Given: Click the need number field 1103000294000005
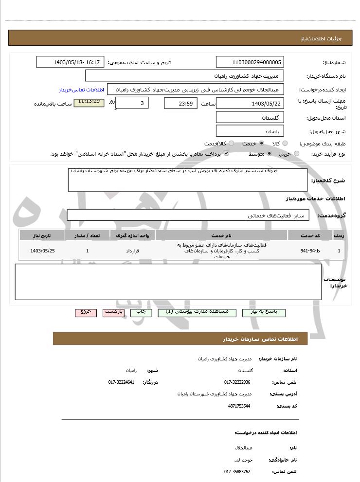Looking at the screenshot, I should [x=250, y=62].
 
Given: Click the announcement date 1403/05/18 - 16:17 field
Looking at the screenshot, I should [x=70, y=62].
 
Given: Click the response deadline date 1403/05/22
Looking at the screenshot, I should [x=250, y=104].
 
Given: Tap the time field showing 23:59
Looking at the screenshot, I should [x=180, y=104].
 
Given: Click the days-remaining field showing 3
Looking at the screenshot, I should [x=132, y=103].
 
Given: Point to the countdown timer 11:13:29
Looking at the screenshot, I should [x=89, y=102].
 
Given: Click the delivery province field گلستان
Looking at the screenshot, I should [x=250, y=118].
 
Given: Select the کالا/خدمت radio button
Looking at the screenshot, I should [x=231, y=143].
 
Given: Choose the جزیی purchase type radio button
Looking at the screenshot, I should [x=297, y=154].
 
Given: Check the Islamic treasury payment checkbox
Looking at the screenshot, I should [x=226, y=154].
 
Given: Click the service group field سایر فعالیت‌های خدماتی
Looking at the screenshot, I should [x=187, y=215].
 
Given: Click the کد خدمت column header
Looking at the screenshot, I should [x=310, y=235].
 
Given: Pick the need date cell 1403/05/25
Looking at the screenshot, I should [x=42, y=251].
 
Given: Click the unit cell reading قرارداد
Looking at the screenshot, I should [x=132, y=251].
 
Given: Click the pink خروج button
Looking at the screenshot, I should [x=86, y=312].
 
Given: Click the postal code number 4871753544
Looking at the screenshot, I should [x=238, y=406].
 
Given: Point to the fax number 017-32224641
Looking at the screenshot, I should [x=121, y=382].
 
